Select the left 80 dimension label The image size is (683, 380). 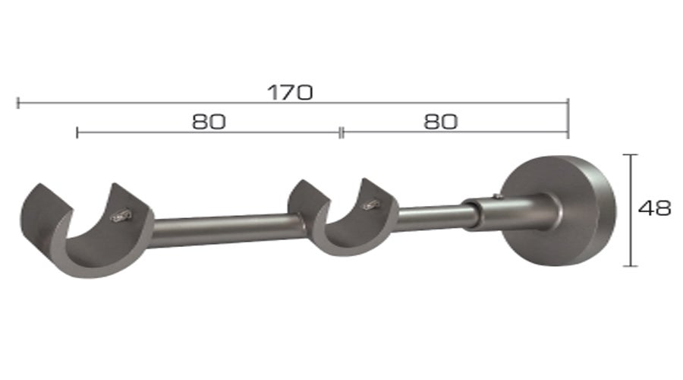(209, 122)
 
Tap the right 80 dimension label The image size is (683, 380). (441, 122)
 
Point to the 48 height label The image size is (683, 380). (654, 209)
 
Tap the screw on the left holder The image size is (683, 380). (121, 217)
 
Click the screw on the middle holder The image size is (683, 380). (371, 204)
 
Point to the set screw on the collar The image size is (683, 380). (495, 198)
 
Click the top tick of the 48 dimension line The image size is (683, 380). (628, 154)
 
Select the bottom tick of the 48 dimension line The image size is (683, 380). (628, 266)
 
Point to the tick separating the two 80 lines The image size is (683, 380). (341, 133)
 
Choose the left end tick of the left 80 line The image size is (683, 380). (77, 133)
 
